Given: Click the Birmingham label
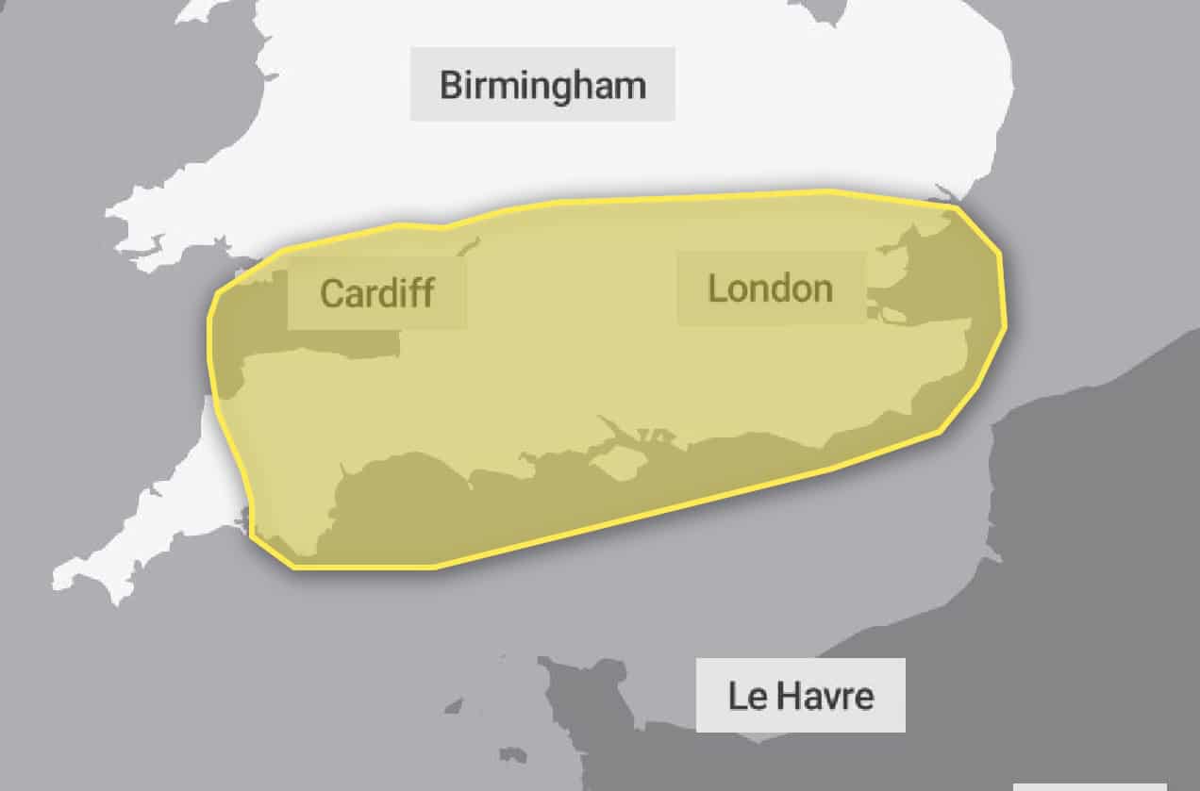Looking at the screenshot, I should click(x=542, y=85).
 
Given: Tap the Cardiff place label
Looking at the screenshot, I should click(x=377, y=292).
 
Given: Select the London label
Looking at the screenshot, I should click(x=771, y=288).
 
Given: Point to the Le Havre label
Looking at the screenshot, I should click(x=800, y=696).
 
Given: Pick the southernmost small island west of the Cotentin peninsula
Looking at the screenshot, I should click(x=512, y=755).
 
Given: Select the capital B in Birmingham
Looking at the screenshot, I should click(x=452, y=85).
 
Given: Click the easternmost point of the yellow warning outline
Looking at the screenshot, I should click(x=1006, y=325).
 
